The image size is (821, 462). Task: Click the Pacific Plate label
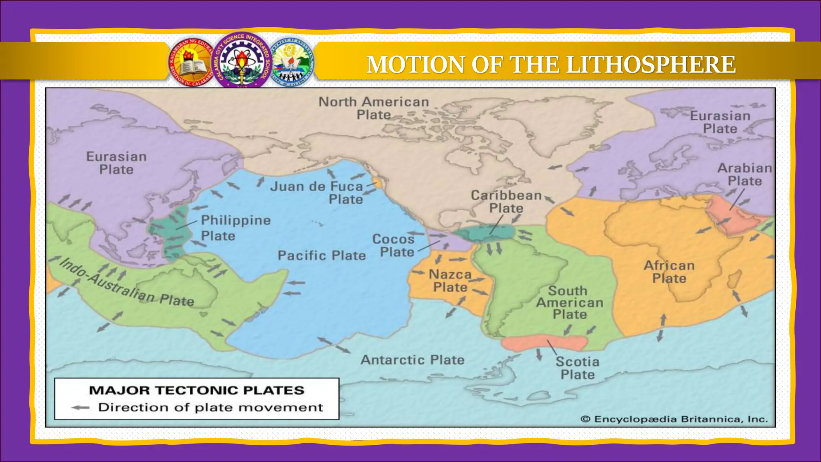[322, 255]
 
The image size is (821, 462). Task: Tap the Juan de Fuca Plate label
[316, 192]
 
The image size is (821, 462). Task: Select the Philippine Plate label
[236, 228]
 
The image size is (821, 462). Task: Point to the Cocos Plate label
[393, 245]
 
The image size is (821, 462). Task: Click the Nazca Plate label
[450, 281]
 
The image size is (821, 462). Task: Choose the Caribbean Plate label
[506, 202]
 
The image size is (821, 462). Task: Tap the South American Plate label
[570, 302]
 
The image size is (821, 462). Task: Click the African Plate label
[669, 272]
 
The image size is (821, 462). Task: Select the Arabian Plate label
[744, 174]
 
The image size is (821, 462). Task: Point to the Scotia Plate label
[577, 368]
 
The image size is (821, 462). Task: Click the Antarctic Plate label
[413, 360]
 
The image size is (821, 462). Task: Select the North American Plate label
[374, 108]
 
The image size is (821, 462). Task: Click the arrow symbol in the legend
[80, 407]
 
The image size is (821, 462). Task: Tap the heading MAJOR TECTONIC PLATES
[196, 390]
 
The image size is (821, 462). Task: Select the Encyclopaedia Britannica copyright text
[674, 419]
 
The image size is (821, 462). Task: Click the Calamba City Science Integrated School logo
[242, 59]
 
